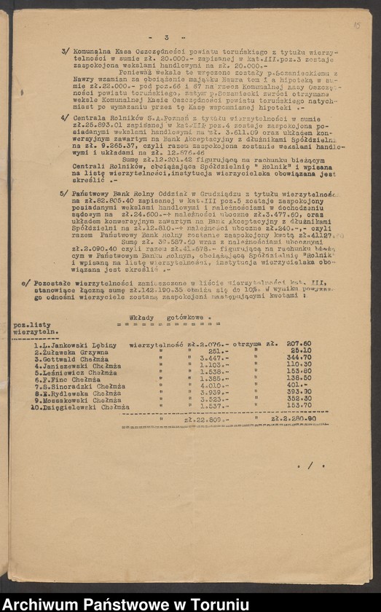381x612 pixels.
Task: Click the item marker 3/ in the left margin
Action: (65, 53)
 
